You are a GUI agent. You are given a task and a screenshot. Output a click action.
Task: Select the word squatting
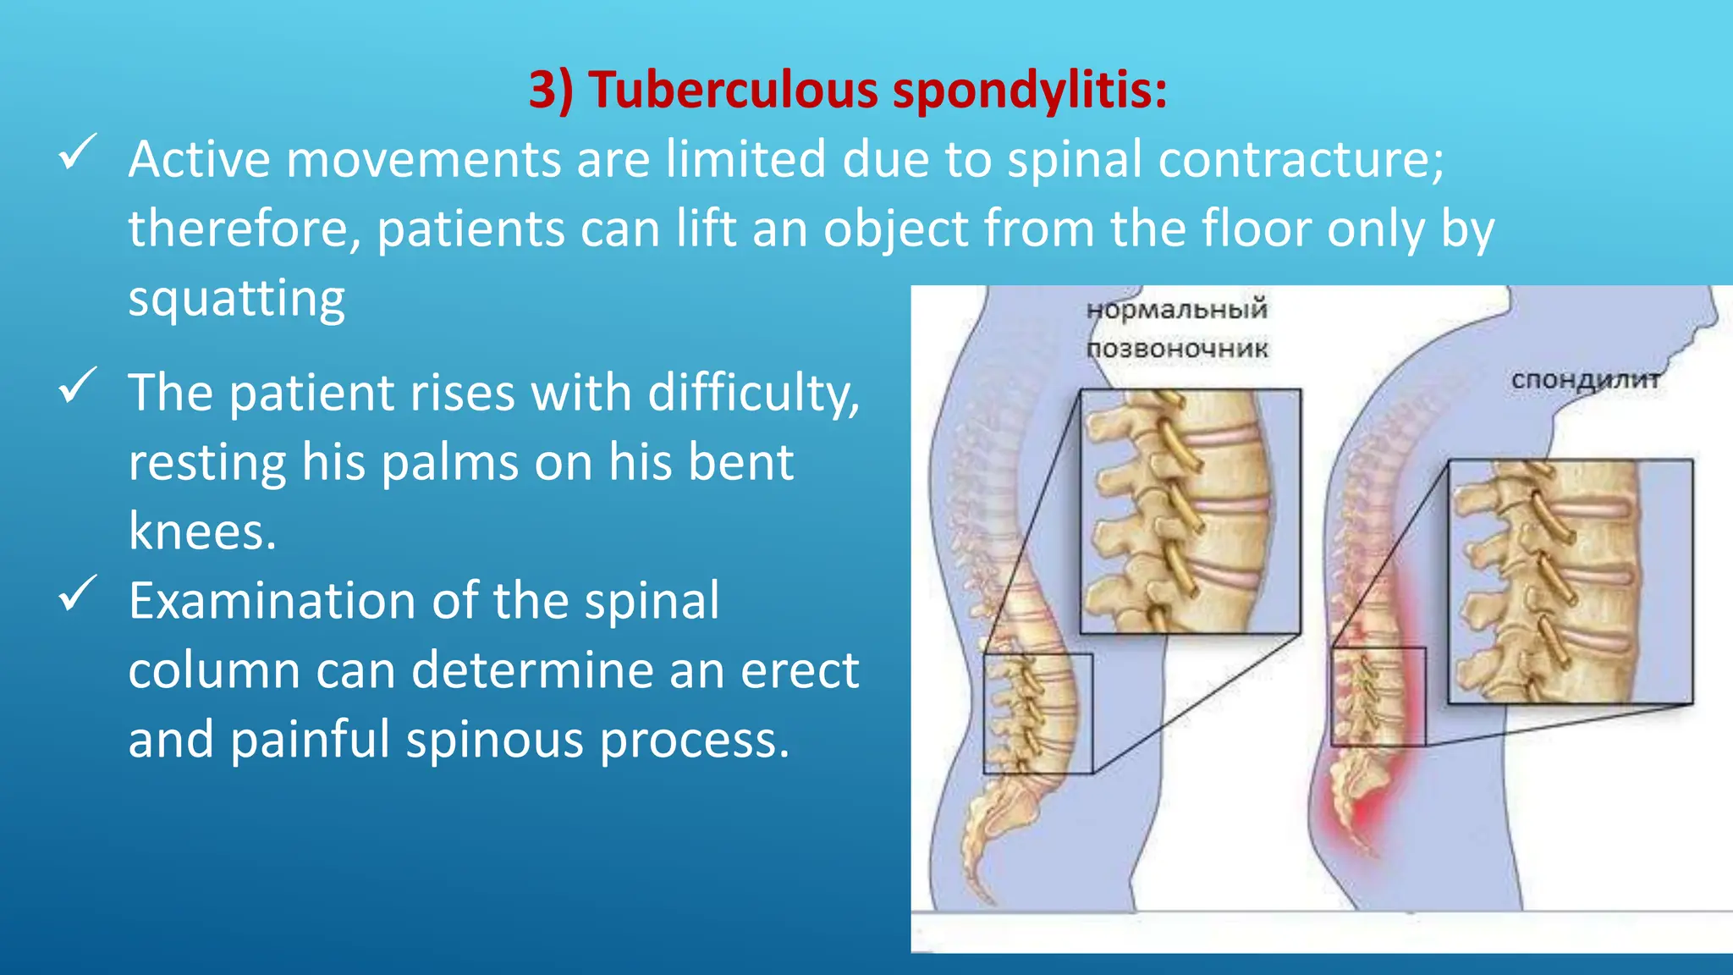click(237, 299)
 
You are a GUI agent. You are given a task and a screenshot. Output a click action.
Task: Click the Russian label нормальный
click(1176, 309)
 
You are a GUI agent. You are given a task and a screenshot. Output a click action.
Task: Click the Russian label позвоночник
click(1176, 349)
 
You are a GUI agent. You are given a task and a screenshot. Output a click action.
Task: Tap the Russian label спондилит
click(1584, 380)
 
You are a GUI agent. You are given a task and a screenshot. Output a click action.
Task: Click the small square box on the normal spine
click(1037, 713)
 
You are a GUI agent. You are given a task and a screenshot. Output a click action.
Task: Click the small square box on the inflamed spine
click(1378, 696)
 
